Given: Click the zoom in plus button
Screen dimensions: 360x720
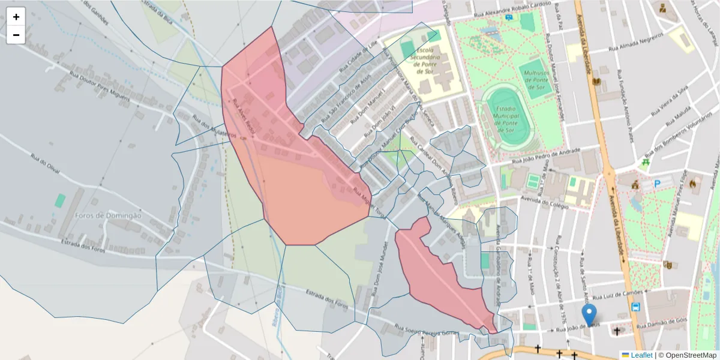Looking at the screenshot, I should tap(16, 17).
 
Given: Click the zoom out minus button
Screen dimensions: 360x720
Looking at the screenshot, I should tap(16, 35).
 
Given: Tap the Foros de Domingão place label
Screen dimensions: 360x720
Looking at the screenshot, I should tap(108, 215).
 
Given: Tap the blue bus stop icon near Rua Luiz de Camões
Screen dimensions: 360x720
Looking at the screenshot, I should tap(635, 307).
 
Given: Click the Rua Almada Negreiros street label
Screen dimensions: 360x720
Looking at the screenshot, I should tap(635, 41).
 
